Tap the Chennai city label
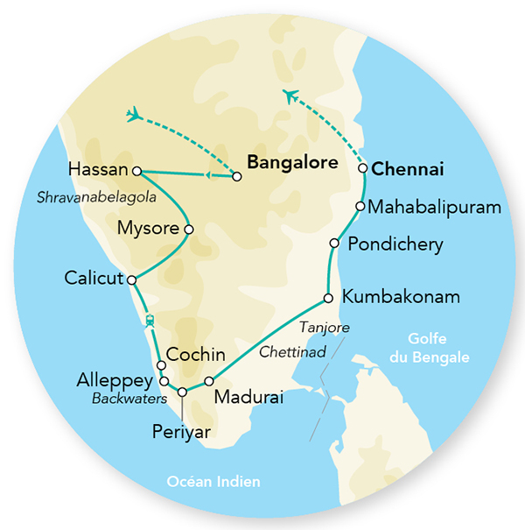tap(408, 168)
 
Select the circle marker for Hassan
tap(136, 170)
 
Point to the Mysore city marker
tap(188, 230)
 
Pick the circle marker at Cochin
tap(160, 365)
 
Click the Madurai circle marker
tap(209, 381)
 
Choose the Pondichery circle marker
tap(333, 243)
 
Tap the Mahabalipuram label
tap(434, 208)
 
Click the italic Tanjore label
tap(325, 328)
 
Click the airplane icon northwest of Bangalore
tap(135, 114)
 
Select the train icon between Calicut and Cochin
tap(150, 321)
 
